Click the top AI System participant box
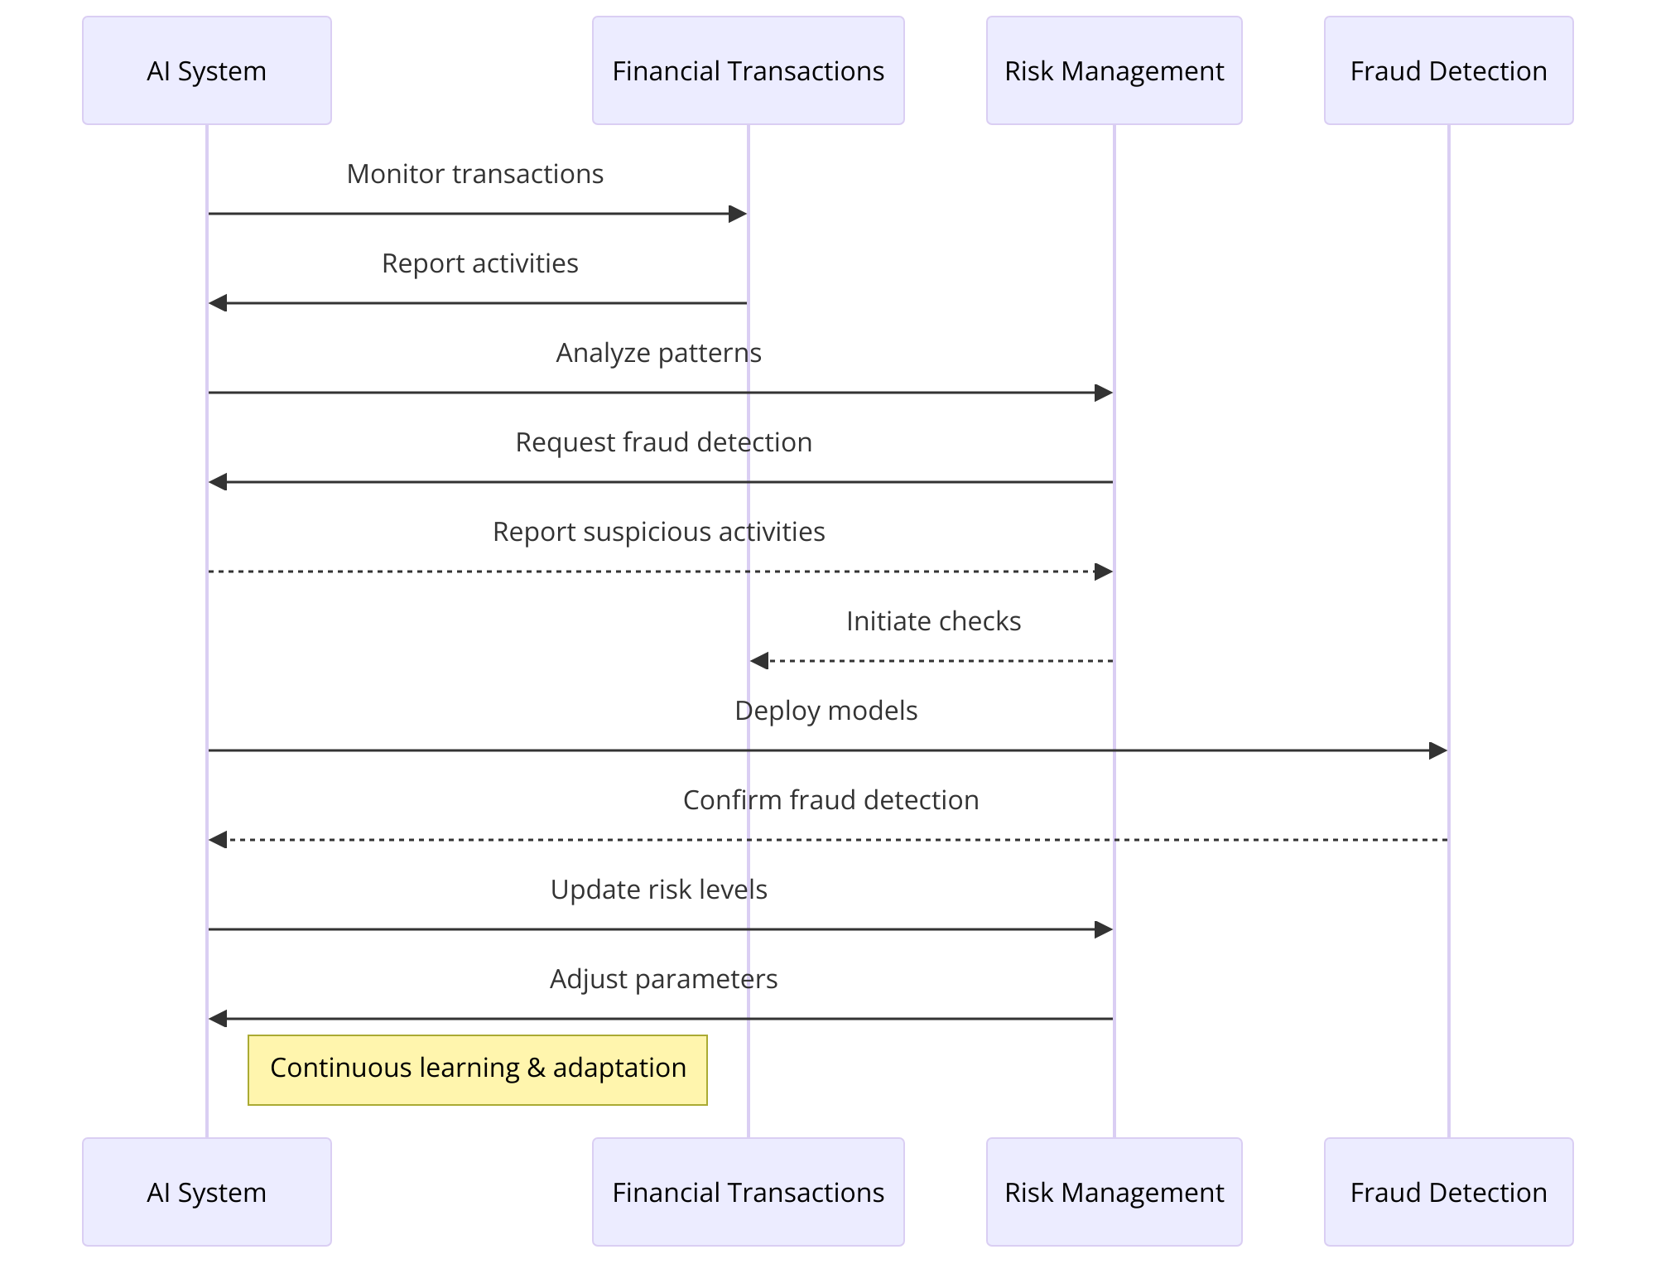(207, 70)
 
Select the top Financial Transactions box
(748, 70)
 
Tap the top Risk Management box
(1114, 70)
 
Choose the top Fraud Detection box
(1448, 70)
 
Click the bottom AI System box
(207, 1192)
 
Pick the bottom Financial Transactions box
(748, 1192)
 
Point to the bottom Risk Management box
(1114, 1192)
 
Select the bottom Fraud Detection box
(1448, 1192)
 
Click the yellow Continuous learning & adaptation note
(478, 1069)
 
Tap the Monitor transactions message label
(474, 174)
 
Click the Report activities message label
(479, 263)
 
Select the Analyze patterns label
(658, 353)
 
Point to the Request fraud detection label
(663, 442)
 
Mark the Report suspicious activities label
(658, 532)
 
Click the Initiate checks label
(933, 621)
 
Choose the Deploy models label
(826, 711)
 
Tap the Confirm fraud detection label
(830, 800)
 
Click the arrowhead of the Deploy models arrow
(1438, 750)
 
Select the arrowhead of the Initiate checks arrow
(758, 661)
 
